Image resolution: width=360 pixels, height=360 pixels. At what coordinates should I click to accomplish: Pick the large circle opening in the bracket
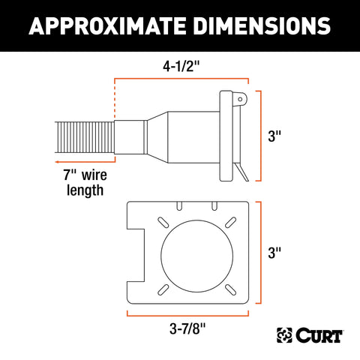pyautogui.click(x=190, y=253)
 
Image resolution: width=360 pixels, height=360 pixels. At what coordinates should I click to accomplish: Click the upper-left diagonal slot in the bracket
pyautogui.click(x=160, y=220)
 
